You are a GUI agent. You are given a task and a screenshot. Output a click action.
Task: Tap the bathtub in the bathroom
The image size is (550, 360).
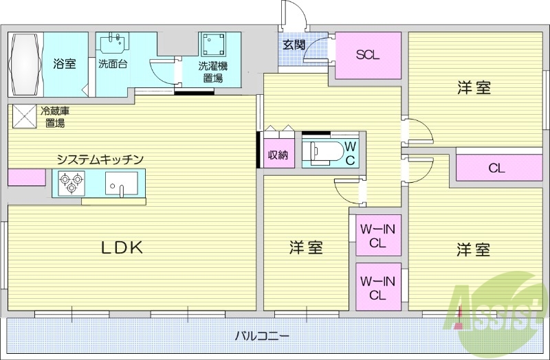(x=25, y=63)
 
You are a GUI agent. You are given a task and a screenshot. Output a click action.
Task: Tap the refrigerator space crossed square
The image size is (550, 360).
(x=23, y=115)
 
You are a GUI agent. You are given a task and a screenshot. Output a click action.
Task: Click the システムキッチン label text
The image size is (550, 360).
(x=100, y=159)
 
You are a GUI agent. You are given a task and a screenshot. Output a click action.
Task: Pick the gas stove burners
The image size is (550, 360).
(x=70, y=183)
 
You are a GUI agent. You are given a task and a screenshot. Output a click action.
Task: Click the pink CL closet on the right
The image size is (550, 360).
(x=498, y=167)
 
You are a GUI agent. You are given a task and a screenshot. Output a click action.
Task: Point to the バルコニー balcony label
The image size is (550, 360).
(x=261, y=337)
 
